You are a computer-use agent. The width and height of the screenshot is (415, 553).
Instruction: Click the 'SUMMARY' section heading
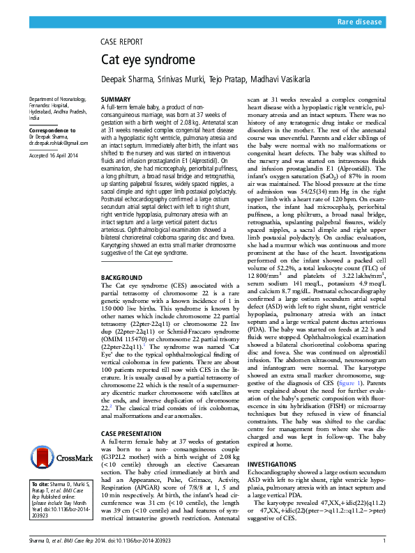pos(116,100)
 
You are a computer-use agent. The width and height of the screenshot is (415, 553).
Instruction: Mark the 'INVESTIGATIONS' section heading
pos(277,463)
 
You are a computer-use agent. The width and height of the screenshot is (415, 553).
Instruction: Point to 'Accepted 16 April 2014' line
pos(55,155)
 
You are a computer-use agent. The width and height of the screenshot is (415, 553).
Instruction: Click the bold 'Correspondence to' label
pos(52,130)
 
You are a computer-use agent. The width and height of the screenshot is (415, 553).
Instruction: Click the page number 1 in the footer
pos(384,541)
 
